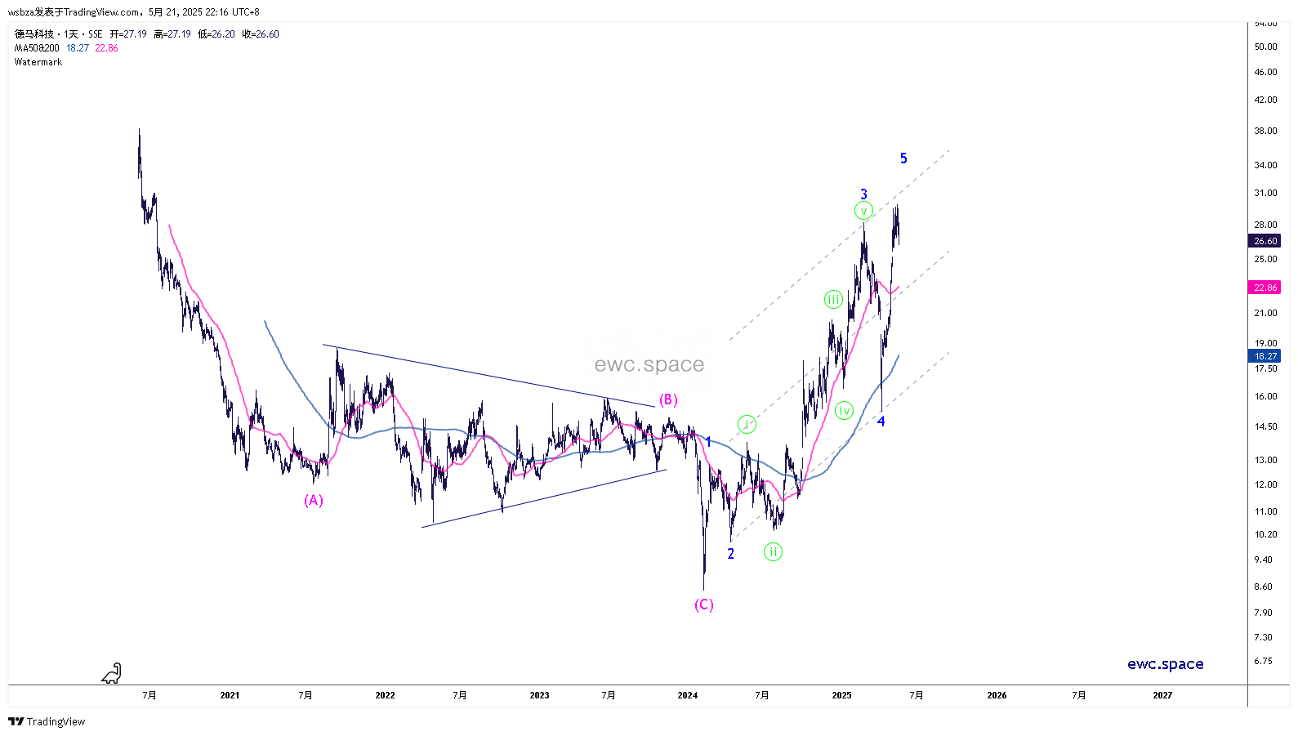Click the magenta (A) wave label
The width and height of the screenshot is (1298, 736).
(314, 500)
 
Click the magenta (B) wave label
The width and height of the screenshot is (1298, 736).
(668, 399)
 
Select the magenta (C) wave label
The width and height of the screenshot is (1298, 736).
(704, 604)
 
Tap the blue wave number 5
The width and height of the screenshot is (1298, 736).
(903, 158)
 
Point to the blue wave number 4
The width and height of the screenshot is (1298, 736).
(881, 422)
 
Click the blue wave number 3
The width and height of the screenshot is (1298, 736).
(863, 194)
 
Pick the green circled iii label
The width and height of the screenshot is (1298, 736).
(833, 300)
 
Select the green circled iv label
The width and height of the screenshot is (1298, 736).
(845, 410)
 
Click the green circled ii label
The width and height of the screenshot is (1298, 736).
(773, 552)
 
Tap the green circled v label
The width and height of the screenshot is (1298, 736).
(863, 211)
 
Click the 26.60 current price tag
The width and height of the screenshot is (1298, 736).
(1265, 241)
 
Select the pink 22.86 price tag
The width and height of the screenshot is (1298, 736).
(1265, 288)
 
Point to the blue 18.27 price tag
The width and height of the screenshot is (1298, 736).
(1265, 356)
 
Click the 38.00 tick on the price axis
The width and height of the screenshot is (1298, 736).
(1265, 131)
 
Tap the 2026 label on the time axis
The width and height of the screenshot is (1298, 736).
(997, 695)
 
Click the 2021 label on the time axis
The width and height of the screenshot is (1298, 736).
(230, 695)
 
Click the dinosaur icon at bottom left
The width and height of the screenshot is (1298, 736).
(112, 673)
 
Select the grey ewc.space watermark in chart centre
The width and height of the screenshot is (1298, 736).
(649, 364)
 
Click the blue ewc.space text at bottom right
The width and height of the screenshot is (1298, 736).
(1165, 664)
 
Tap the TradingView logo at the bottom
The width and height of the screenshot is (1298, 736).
(47, 721)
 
